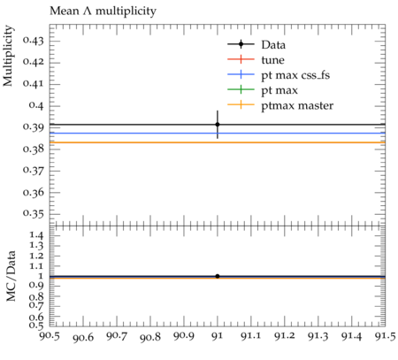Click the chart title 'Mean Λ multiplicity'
[x=103, y=11]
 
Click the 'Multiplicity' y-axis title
[x=8, y=56]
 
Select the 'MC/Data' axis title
[x=11, y=276]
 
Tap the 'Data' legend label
[x=273, y=45]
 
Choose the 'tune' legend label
[x=272, y=60]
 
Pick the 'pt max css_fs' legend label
[x=295, y=75]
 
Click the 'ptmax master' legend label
[x=297, y=105]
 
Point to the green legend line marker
[x=241, y=89]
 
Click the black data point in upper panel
[x=218, y=125]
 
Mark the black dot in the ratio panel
[x=218, y=276]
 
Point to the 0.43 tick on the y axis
[x=33, y=41]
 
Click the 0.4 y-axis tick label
[x=36, y=105]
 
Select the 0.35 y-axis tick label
[x=33, y=214]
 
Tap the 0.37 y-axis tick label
[x=33, y=171]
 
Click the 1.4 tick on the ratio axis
[x=36, y=235]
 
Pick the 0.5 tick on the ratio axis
[x=36, y=325]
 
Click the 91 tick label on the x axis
[x=218, y=336]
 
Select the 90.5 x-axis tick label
[x=50, y=336]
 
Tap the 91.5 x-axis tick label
[x=385, y=336]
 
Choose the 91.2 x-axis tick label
[x=285, y=336]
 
